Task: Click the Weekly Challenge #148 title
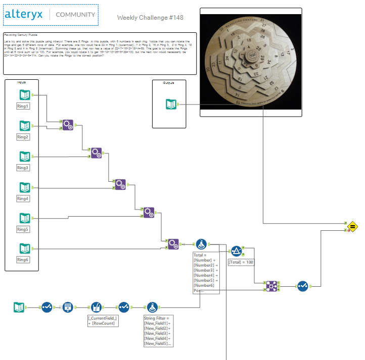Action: click(150, 18)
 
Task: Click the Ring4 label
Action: click(23, 198)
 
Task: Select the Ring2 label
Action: click(23, 137)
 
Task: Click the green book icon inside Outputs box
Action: click(172, 105)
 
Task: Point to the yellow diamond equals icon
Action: click(353, 226)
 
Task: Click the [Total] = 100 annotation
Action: click(241, 263)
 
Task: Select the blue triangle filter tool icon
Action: click(236, 250)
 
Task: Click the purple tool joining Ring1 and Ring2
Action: click(67, 124)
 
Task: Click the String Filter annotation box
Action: click(158, 331)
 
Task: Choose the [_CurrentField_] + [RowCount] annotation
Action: click(103, 320)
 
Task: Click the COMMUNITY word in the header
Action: click(75, 15)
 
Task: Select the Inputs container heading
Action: click(22, 82)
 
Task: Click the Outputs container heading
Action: click(169, 83)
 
